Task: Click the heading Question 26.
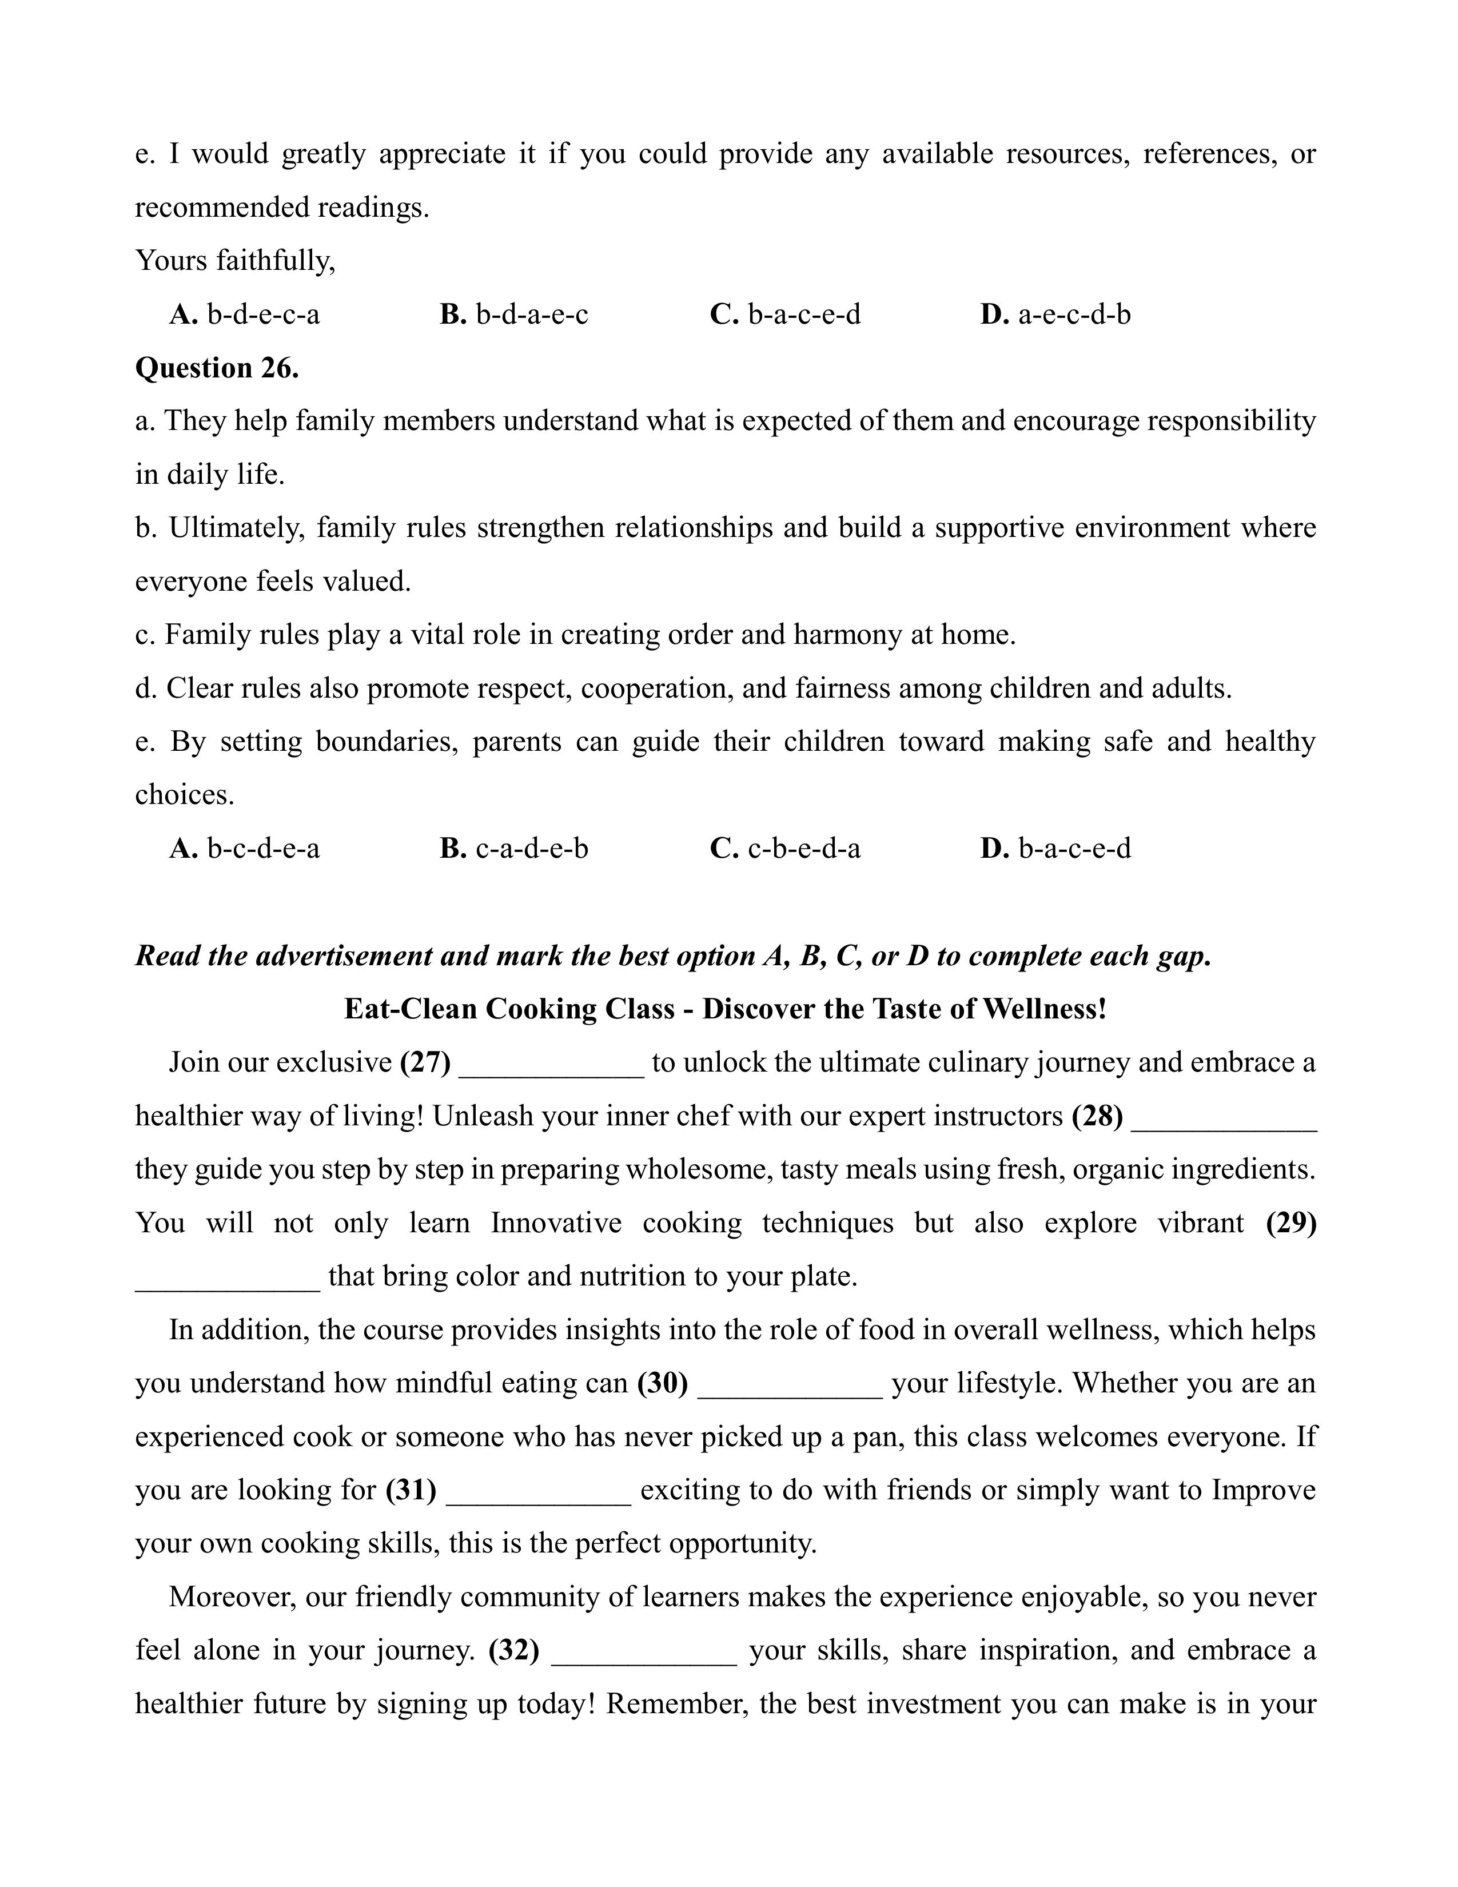[x=217, y=368]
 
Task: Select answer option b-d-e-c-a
[x=245, y=314]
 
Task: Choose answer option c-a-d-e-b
[x=514, y=849]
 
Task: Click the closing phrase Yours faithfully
[x=235, y=261]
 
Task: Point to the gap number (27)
[x=425, y=1062]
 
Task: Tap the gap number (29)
[x=1290, y=1223]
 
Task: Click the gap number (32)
[x=514, y=1650]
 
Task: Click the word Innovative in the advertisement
[x=556, y=1223]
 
